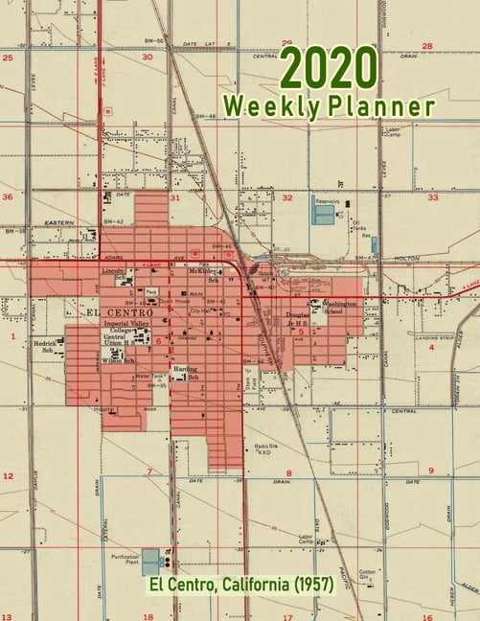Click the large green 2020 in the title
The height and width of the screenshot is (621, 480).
click(x=329, y=69)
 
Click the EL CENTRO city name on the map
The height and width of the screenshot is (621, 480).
click(x=100, y=313)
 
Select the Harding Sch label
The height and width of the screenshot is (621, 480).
click(x=186, y=373)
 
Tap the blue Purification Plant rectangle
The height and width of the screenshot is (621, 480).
click(x=150, y=561)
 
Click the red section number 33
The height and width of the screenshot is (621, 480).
click(x=433, y=197)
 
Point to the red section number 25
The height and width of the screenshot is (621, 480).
click(x=8, y=57)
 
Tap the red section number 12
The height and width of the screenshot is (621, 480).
click(x=8, y=476)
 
